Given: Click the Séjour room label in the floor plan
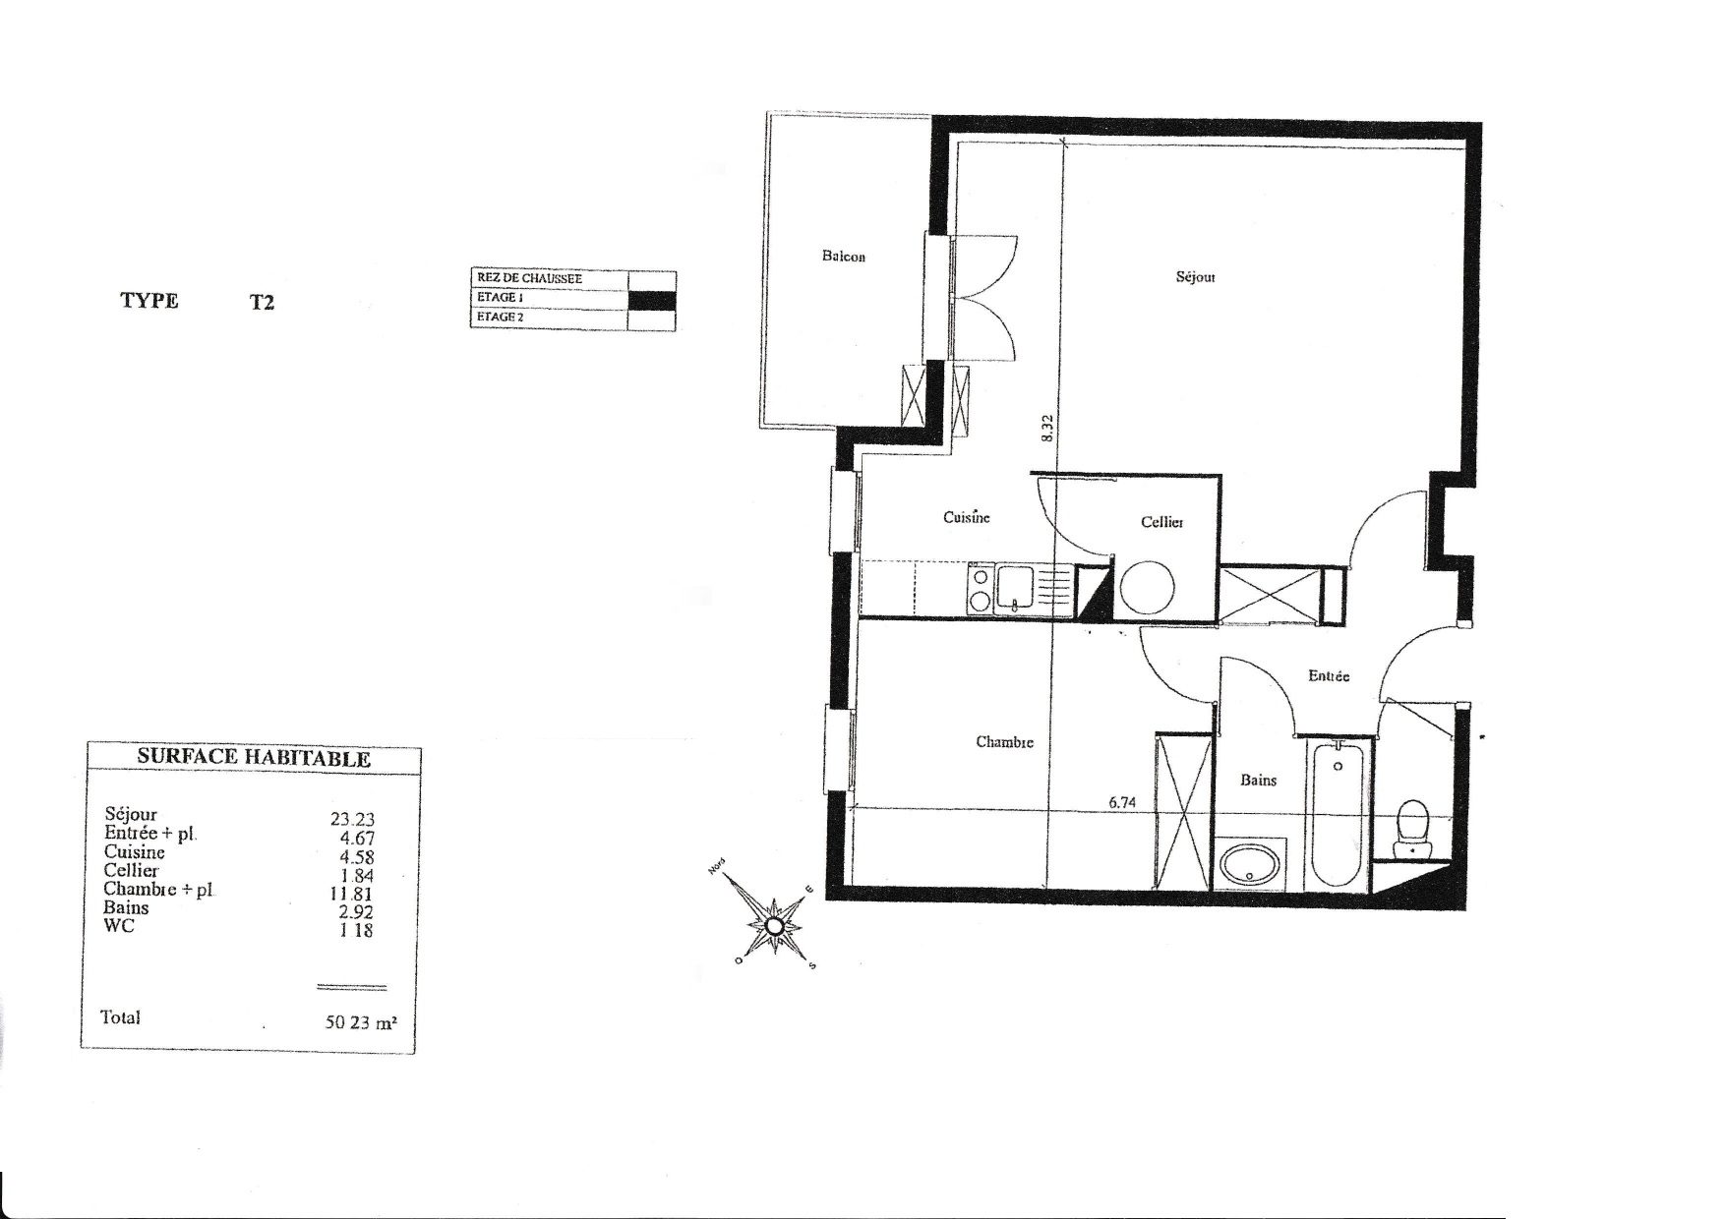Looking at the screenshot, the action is [1195, 277].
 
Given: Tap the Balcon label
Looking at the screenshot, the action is [843, 257].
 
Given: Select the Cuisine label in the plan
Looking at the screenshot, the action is [967, 517].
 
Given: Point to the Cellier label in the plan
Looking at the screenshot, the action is [1161, 522].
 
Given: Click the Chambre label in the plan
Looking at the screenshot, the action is [1004, 742].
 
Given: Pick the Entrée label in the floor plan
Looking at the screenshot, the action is [1329, 676].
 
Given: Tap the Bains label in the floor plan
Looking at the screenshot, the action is [1258, 780].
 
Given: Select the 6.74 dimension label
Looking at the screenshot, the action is [1122, 802].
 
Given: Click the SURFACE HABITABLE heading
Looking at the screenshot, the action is [254, 758].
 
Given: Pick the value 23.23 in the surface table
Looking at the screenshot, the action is [352, 818].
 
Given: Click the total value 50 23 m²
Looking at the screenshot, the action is [361, 1021].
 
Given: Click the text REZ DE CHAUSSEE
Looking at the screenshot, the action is [529, 278].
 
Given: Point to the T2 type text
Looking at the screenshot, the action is [262, 303].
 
